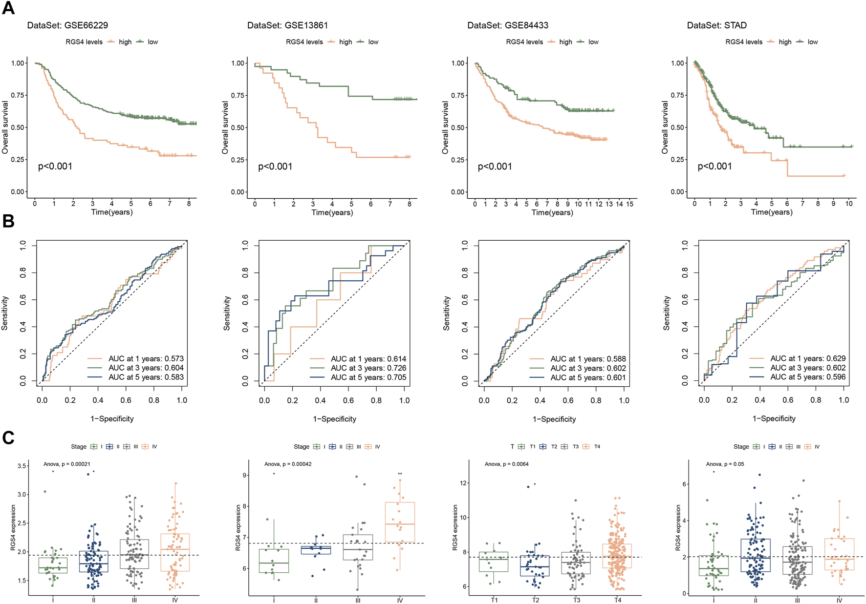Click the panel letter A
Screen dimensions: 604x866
(8, 8)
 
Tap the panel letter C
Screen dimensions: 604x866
(8, 437)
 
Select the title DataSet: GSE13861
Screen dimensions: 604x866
(287, 25)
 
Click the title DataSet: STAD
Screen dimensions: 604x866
(716, 25)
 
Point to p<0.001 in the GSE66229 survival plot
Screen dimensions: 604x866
(55, 167)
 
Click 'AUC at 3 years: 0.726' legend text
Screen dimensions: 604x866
(368, 368)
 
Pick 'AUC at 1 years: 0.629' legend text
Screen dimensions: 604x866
(808, 358)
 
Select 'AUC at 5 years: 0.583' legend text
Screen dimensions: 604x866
(146, 377)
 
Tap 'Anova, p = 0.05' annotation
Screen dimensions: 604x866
(725, 464)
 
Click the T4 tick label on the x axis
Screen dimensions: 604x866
(618, 600)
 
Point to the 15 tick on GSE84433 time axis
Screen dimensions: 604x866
(630, 204)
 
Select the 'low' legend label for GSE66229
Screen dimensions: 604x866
(153, 42)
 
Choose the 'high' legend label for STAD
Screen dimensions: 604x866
(785, 42)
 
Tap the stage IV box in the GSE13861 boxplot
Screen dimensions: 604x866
(400, 522)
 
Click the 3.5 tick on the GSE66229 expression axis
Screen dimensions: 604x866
(22, 466)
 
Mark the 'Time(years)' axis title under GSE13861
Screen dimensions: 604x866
(332, 212)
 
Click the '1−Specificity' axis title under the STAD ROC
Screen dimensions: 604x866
(774, 419)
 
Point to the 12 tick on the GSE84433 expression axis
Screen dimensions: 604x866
(464, 483)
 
